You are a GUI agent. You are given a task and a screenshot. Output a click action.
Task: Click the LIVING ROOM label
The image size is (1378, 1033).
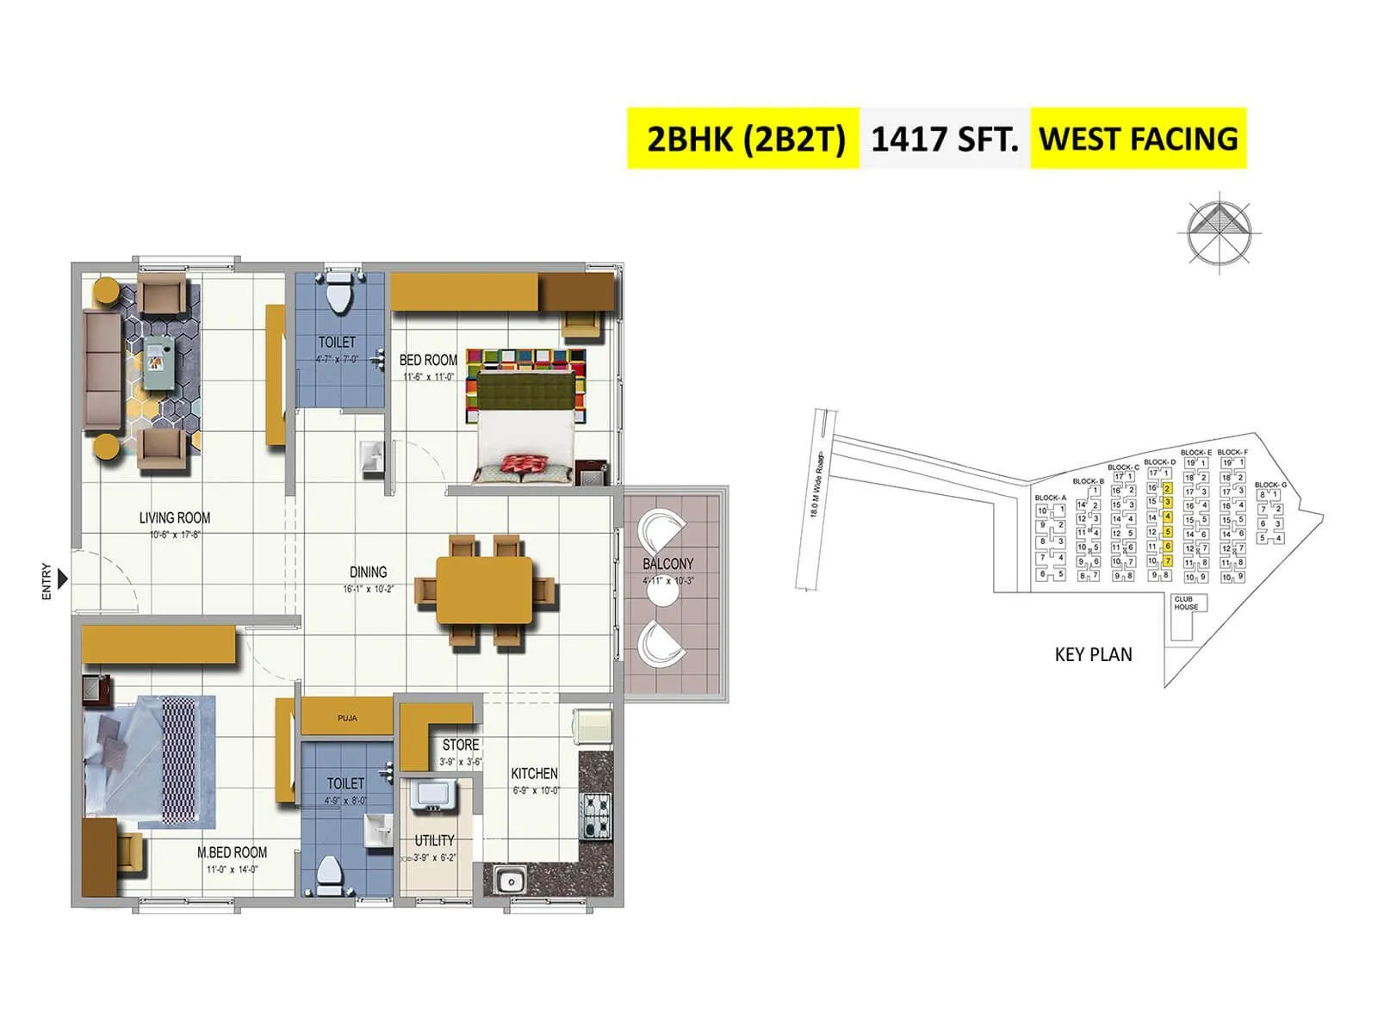(x=175, y=517)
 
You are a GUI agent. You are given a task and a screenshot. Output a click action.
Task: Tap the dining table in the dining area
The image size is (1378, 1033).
(x=484, y=589)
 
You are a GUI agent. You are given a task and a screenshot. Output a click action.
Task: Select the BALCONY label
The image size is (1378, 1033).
(x=667, y=564)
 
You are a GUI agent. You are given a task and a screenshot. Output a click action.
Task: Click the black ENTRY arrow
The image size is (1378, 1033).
(x=63, y=581)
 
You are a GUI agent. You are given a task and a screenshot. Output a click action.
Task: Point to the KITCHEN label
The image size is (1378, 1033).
(x=534, y=774)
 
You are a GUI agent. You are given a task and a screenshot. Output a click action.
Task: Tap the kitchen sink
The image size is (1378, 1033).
(x=510, y=880)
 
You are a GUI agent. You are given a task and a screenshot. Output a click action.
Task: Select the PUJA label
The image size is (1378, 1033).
(x=347, y=718)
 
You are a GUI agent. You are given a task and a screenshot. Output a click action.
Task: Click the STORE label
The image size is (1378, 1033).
(x=461, y=745)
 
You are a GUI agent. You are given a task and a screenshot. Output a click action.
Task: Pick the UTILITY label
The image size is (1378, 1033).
(x=434, y=840)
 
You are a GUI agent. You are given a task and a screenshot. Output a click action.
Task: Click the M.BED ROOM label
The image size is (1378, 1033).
(x=232, y=852)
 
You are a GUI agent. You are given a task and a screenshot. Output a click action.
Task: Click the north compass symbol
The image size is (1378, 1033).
(x=1220, y=231)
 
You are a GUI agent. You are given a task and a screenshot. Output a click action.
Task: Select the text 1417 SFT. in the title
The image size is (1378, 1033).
(x=945, y=139)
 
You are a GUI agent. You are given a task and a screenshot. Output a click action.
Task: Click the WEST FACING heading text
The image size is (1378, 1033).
(x=1138, y=139)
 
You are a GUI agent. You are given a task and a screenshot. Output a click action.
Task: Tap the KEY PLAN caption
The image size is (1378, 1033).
(x=1093, y=654)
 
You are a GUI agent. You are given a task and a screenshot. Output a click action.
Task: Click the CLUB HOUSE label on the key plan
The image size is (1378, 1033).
(x=1185, y=603)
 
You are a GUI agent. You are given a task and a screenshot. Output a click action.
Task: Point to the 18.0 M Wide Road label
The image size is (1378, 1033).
(x=816, y=485)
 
